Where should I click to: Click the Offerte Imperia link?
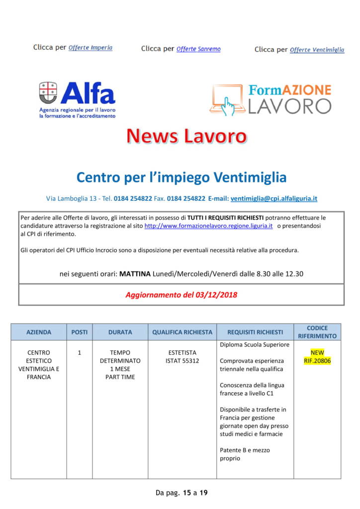coord(90,48)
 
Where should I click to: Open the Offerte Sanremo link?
coord(198,49)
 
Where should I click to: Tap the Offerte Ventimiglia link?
coord(317,50)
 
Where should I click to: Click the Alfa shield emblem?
coord(48,92)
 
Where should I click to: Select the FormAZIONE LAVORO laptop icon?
coord(227,99)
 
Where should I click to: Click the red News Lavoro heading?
coord(186,136)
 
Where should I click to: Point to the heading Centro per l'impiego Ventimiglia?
coord(181,177)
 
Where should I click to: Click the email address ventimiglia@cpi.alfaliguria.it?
coord(274,198)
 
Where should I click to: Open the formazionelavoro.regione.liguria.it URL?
coord(208,226)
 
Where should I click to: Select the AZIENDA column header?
coord(39,332)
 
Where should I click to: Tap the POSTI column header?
coord(79,332)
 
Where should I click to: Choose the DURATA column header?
coord(120,332)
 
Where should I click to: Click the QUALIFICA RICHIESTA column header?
coord(182,332)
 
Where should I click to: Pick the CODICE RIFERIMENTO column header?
coord(317,332)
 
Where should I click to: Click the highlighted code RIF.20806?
coord(317,360)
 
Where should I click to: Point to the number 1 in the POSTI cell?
coord(79,352)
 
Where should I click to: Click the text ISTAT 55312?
coord(182,360)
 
